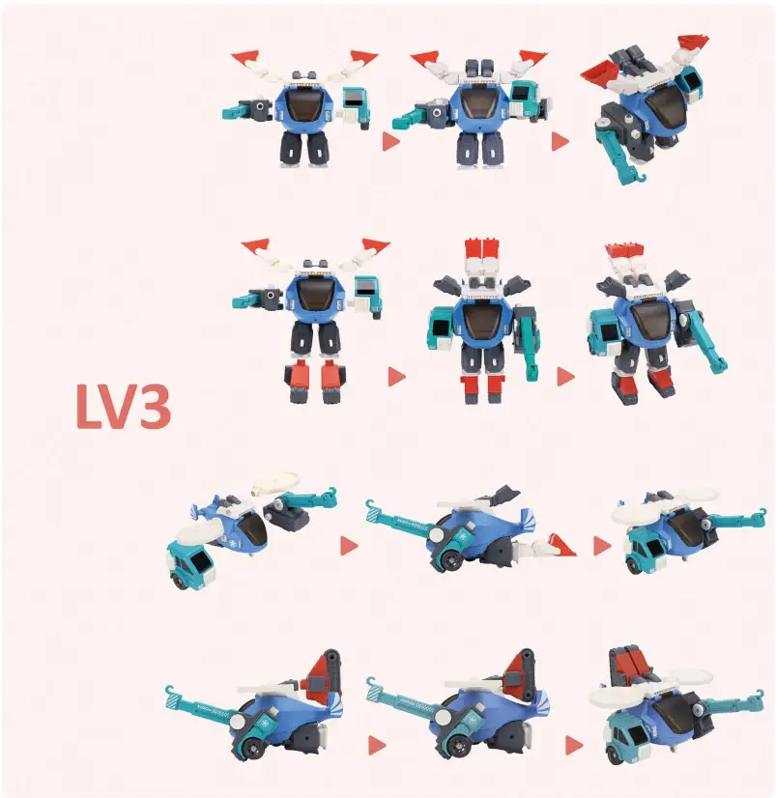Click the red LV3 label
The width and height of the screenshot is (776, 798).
[x=124, y=407]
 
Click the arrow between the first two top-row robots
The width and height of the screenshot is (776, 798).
[x=390, y=142]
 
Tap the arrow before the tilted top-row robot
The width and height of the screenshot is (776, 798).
[x=560, y=142]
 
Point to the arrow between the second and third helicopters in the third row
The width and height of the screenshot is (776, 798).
[x=602, y=546]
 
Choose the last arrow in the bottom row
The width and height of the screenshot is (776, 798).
[x=574, y=745]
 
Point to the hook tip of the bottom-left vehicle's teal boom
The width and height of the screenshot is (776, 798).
[x=171, y=690]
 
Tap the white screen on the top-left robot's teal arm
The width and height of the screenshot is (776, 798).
[x=355, y=100]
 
